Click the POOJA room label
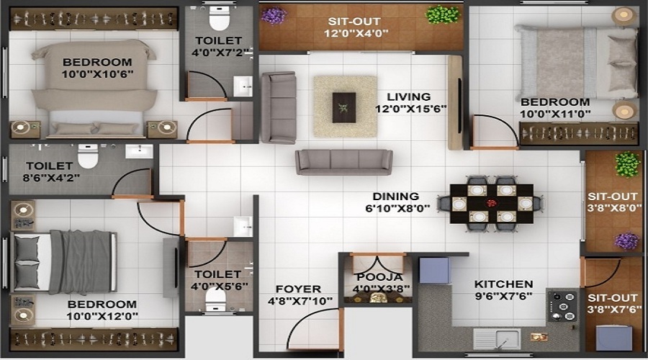[x=379, y=277]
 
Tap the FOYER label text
[x=298, y=289]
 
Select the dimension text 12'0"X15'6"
[x=411, y=109]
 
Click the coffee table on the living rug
[x=344, y=107]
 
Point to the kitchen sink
[x=496, y=338]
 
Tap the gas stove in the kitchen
[x=562, y=306]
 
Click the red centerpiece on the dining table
[x=491, y=203]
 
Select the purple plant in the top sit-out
[x=273, y=15]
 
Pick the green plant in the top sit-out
[x=442, y=14]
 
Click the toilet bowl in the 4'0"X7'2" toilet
[x=219, y=18]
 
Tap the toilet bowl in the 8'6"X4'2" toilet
[x=88, y=156]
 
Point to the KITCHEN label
[x=503, y=284]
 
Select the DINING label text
[x=396, y=197]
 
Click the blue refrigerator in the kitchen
[x=434, y=270]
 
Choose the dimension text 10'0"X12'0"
[x=102, y=316]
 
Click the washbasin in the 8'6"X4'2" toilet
[x=139, y=151]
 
